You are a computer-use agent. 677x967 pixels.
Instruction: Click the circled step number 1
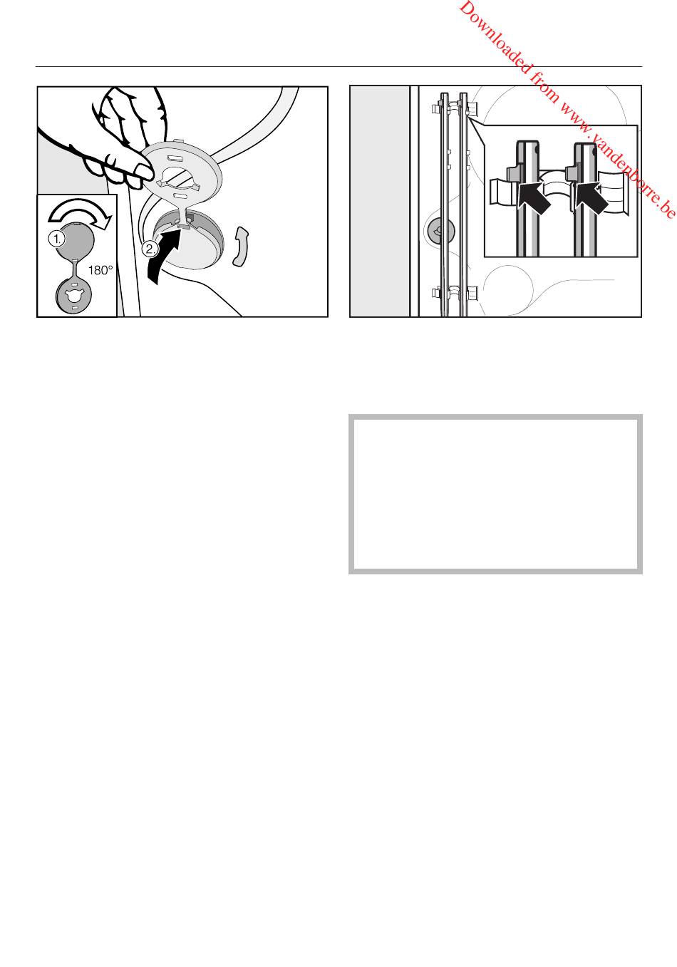57,238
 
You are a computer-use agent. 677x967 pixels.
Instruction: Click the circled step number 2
150,249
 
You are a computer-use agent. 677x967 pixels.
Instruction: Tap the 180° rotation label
100,270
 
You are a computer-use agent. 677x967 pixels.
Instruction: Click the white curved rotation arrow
79,212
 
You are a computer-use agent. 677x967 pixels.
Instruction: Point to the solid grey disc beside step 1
76,241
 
